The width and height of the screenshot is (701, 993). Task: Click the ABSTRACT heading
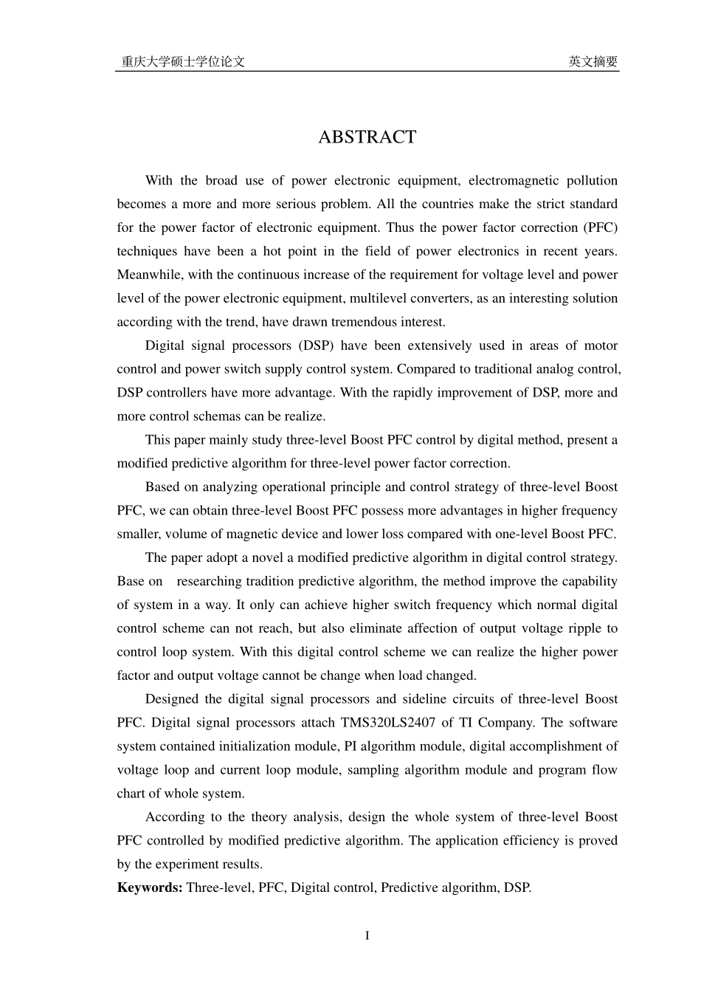click(367, 137)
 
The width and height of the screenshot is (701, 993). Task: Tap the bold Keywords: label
click(150, 887)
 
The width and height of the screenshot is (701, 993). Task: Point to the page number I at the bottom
click(367, 936)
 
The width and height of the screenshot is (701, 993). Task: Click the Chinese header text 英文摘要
click(593, 62)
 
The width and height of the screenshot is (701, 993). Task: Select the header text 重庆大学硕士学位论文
click(183, 62)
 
